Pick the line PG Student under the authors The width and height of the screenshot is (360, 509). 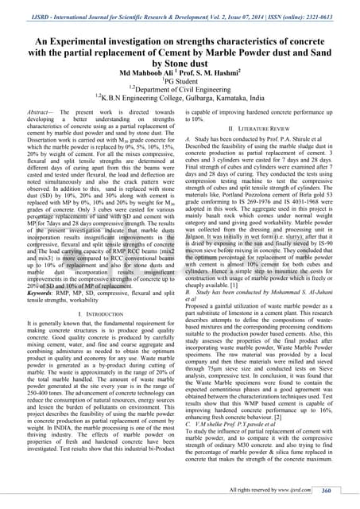(180, 80)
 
